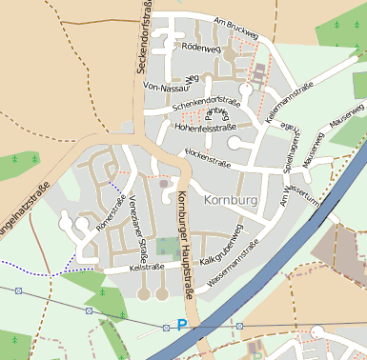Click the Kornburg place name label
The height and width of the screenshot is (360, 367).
coord(230,200)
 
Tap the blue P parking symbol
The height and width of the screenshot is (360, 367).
coord(182,326)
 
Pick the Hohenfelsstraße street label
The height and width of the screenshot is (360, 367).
coord(204,126)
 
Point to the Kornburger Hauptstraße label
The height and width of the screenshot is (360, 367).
coord(184,243)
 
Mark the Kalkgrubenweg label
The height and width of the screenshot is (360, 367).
coord(225,244)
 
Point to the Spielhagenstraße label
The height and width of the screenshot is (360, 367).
coord(290,155)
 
